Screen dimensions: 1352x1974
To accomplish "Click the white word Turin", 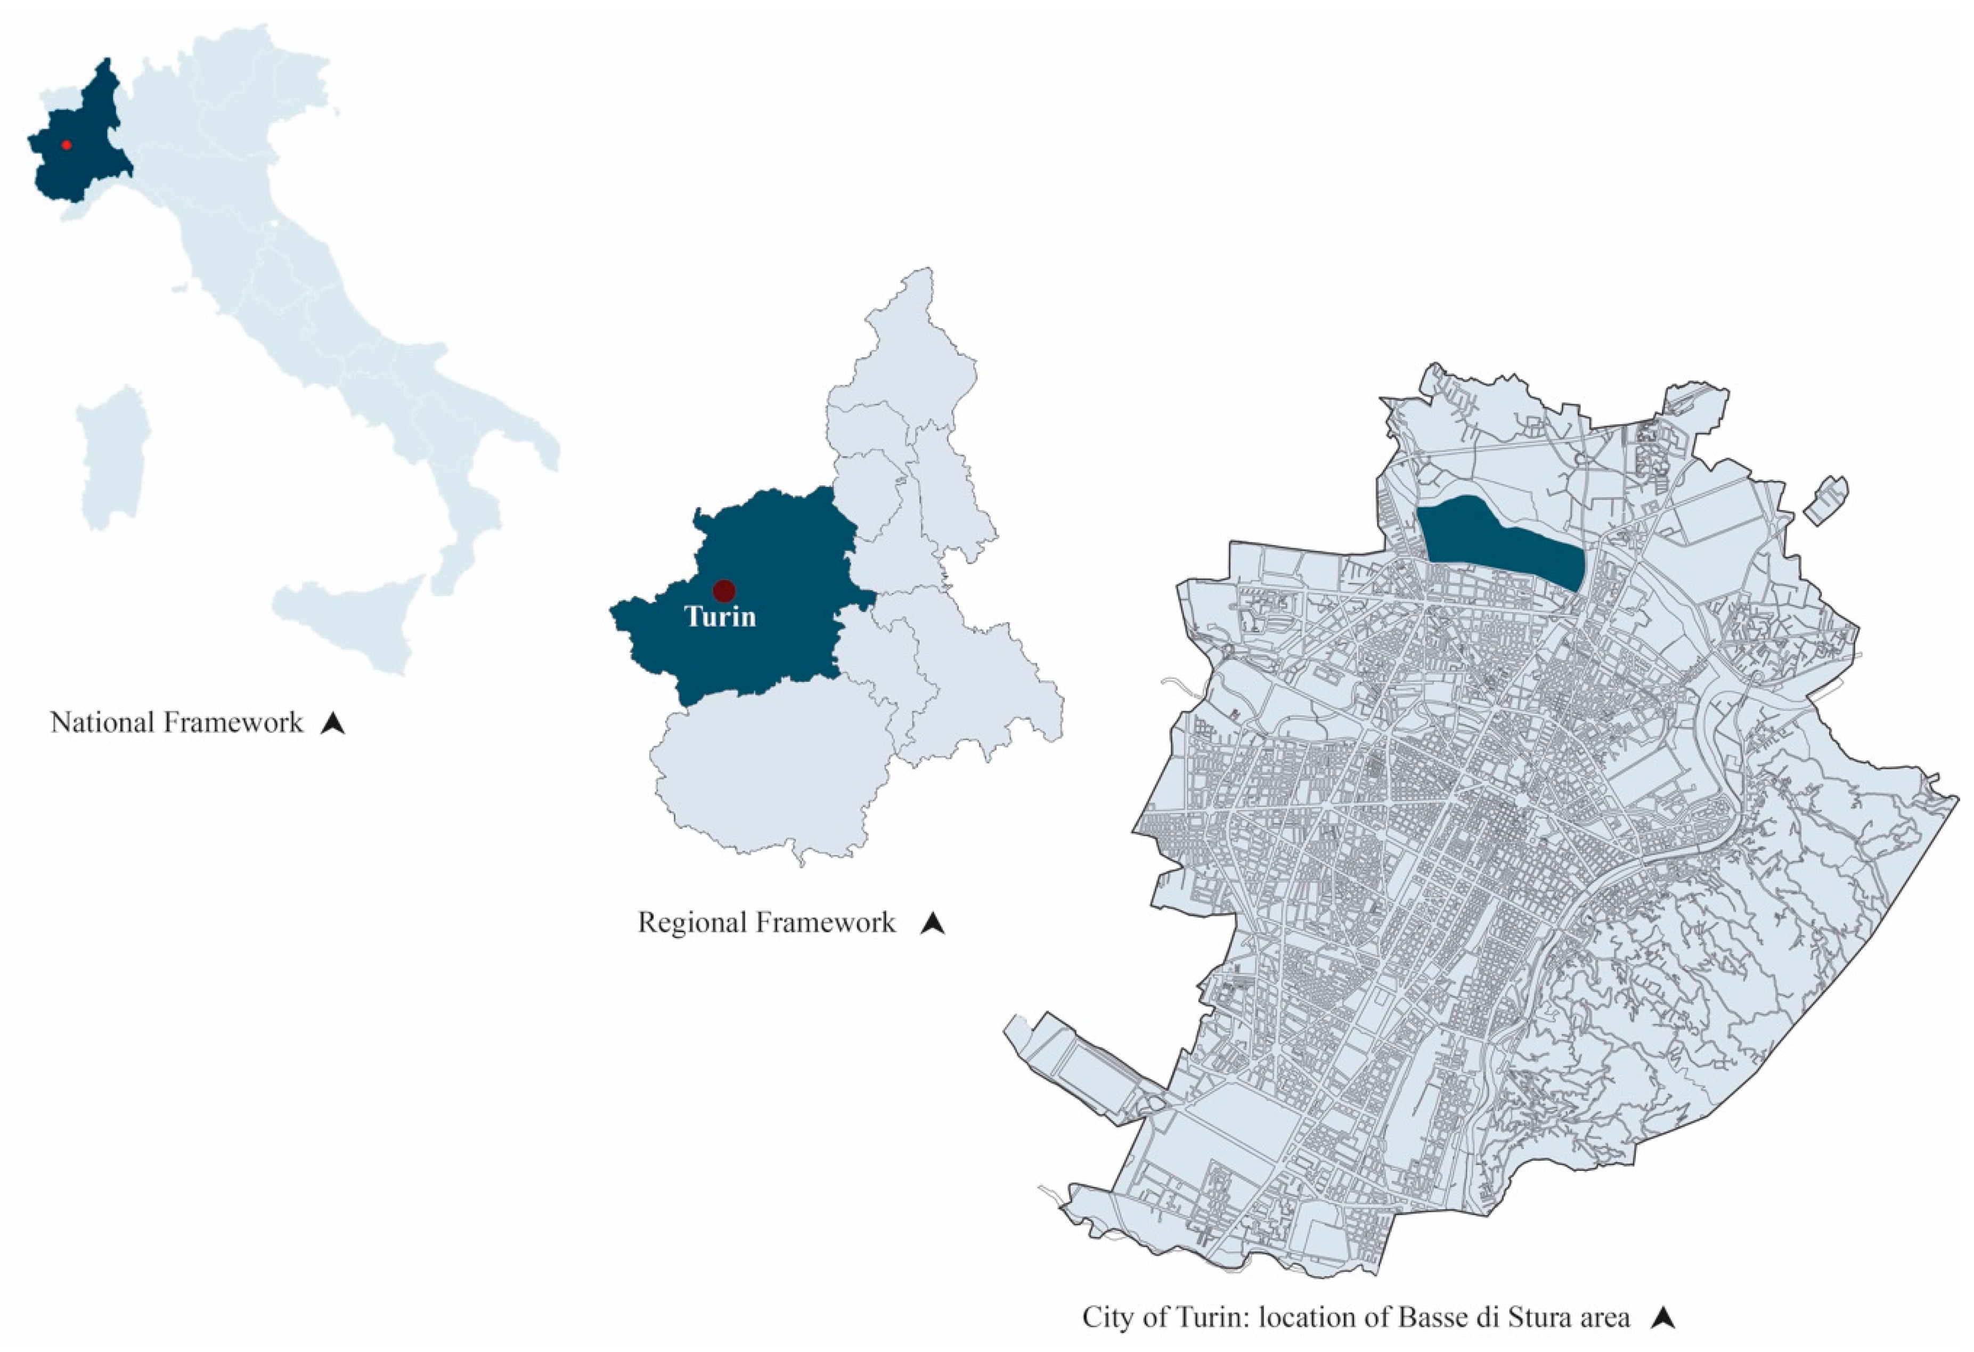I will (720, 616).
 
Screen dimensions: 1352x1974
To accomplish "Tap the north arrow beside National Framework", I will (333, 723).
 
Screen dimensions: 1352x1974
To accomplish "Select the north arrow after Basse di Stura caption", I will (1663, 1318).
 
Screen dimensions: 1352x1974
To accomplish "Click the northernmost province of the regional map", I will (913, 357).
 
